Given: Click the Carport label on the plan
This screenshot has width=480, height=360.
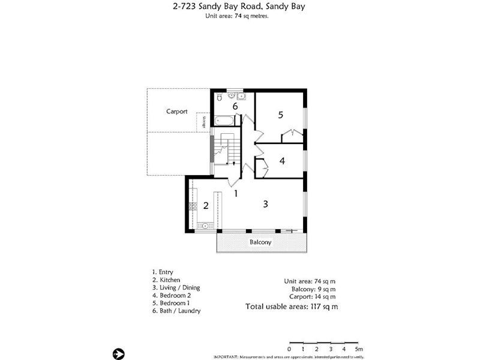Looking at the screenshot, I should click(177, 112).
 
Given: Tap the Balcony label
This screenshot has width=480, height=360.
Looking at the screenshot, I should click(261, 243).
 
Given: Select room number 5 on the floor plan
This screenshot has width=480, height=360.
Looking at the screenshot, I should click(280, 115).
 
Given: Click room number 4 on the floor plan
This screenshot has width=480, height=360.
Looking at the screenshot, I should click(281, 161).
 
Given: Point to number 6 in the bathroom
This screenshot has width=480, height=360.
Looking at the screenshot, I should click(235, 106).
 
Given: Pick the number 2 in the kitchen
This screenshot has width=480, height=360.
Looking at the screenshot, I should click(206, 206).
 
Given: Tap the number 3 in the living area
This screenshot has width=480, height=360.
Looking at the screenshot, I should click(265, 204).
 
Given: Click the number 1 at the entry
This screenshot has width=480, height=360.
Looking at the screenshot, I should click(236, 193).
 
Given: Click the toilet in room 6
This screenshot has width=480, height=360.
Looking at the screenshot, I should click(220, 96).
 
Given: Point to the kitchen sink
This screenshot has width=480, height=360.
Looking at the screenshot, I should click(205, 226).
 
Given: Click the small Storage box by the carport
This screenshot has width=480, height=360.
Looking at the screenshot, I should click(204, 122).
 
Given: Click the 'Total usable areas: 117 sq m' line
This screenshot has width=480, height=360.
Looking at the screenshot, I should click(292, 307).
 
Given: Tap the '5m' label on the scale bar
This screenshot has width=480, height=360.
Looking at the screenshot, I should click(359, 349).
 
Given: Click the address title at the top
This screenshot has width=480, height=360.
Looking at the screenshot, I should click(236, 7).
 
